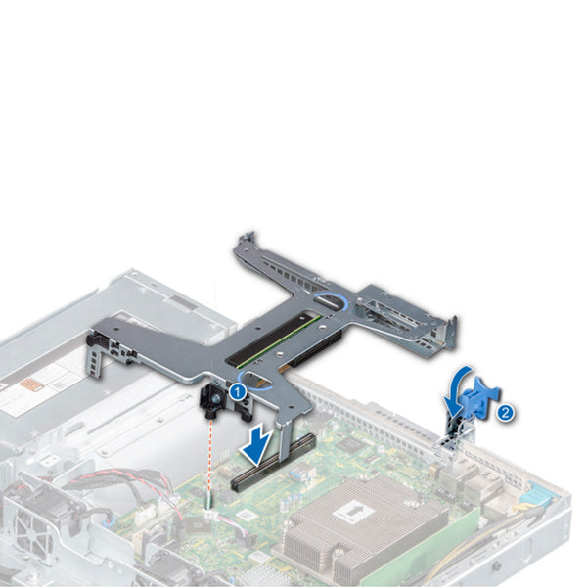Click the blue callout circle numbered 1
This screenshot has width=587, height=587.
click(x=237, y=392)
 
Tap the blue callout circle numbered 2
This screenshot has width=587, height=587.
click(x=505, y=413)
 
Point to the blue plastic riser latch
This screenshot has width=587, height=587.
click(x=481, y=394)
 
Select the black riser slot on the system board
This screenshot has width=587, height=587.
click(x=272, y=462)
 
